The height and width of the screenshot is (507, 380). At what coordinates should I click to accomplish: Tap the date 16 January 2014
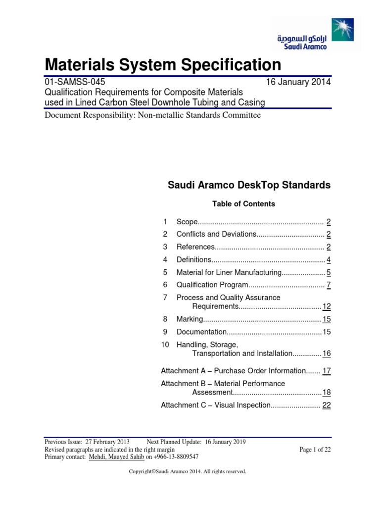[x=299, y=82]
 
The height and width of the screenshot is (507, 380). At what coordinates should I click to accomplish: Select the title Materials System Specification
[x=163, y=64]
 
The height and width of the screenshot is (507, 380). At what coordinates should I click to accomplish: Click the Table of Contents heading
[x=243, y=203]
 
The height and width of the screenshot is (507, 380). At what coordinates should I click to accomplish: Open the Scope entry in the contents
[x=187, y=221]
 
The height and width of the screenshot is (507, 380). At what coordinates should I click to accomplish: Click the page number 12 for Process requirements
[x=326, y=306]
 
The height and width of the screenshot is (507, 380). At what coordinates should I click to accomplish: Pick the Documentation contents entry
[x=201, y=332]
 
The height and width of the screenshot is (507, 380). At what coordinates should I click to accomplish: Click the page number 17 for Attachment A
[x=326, y=370]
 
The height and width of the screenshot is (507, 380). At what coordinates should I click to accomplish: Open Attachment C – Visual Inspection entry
[x=215, y=405]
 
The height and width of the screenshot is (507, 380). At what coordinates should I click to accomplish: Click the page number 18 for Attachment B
[x=326, y=392]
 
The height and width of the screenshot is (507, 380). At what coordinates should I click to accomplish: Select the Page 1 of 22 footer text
[x=315, y=449]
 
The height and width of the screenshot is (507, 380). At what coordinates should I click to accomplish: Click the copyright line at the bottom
[x=187, y=472]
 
